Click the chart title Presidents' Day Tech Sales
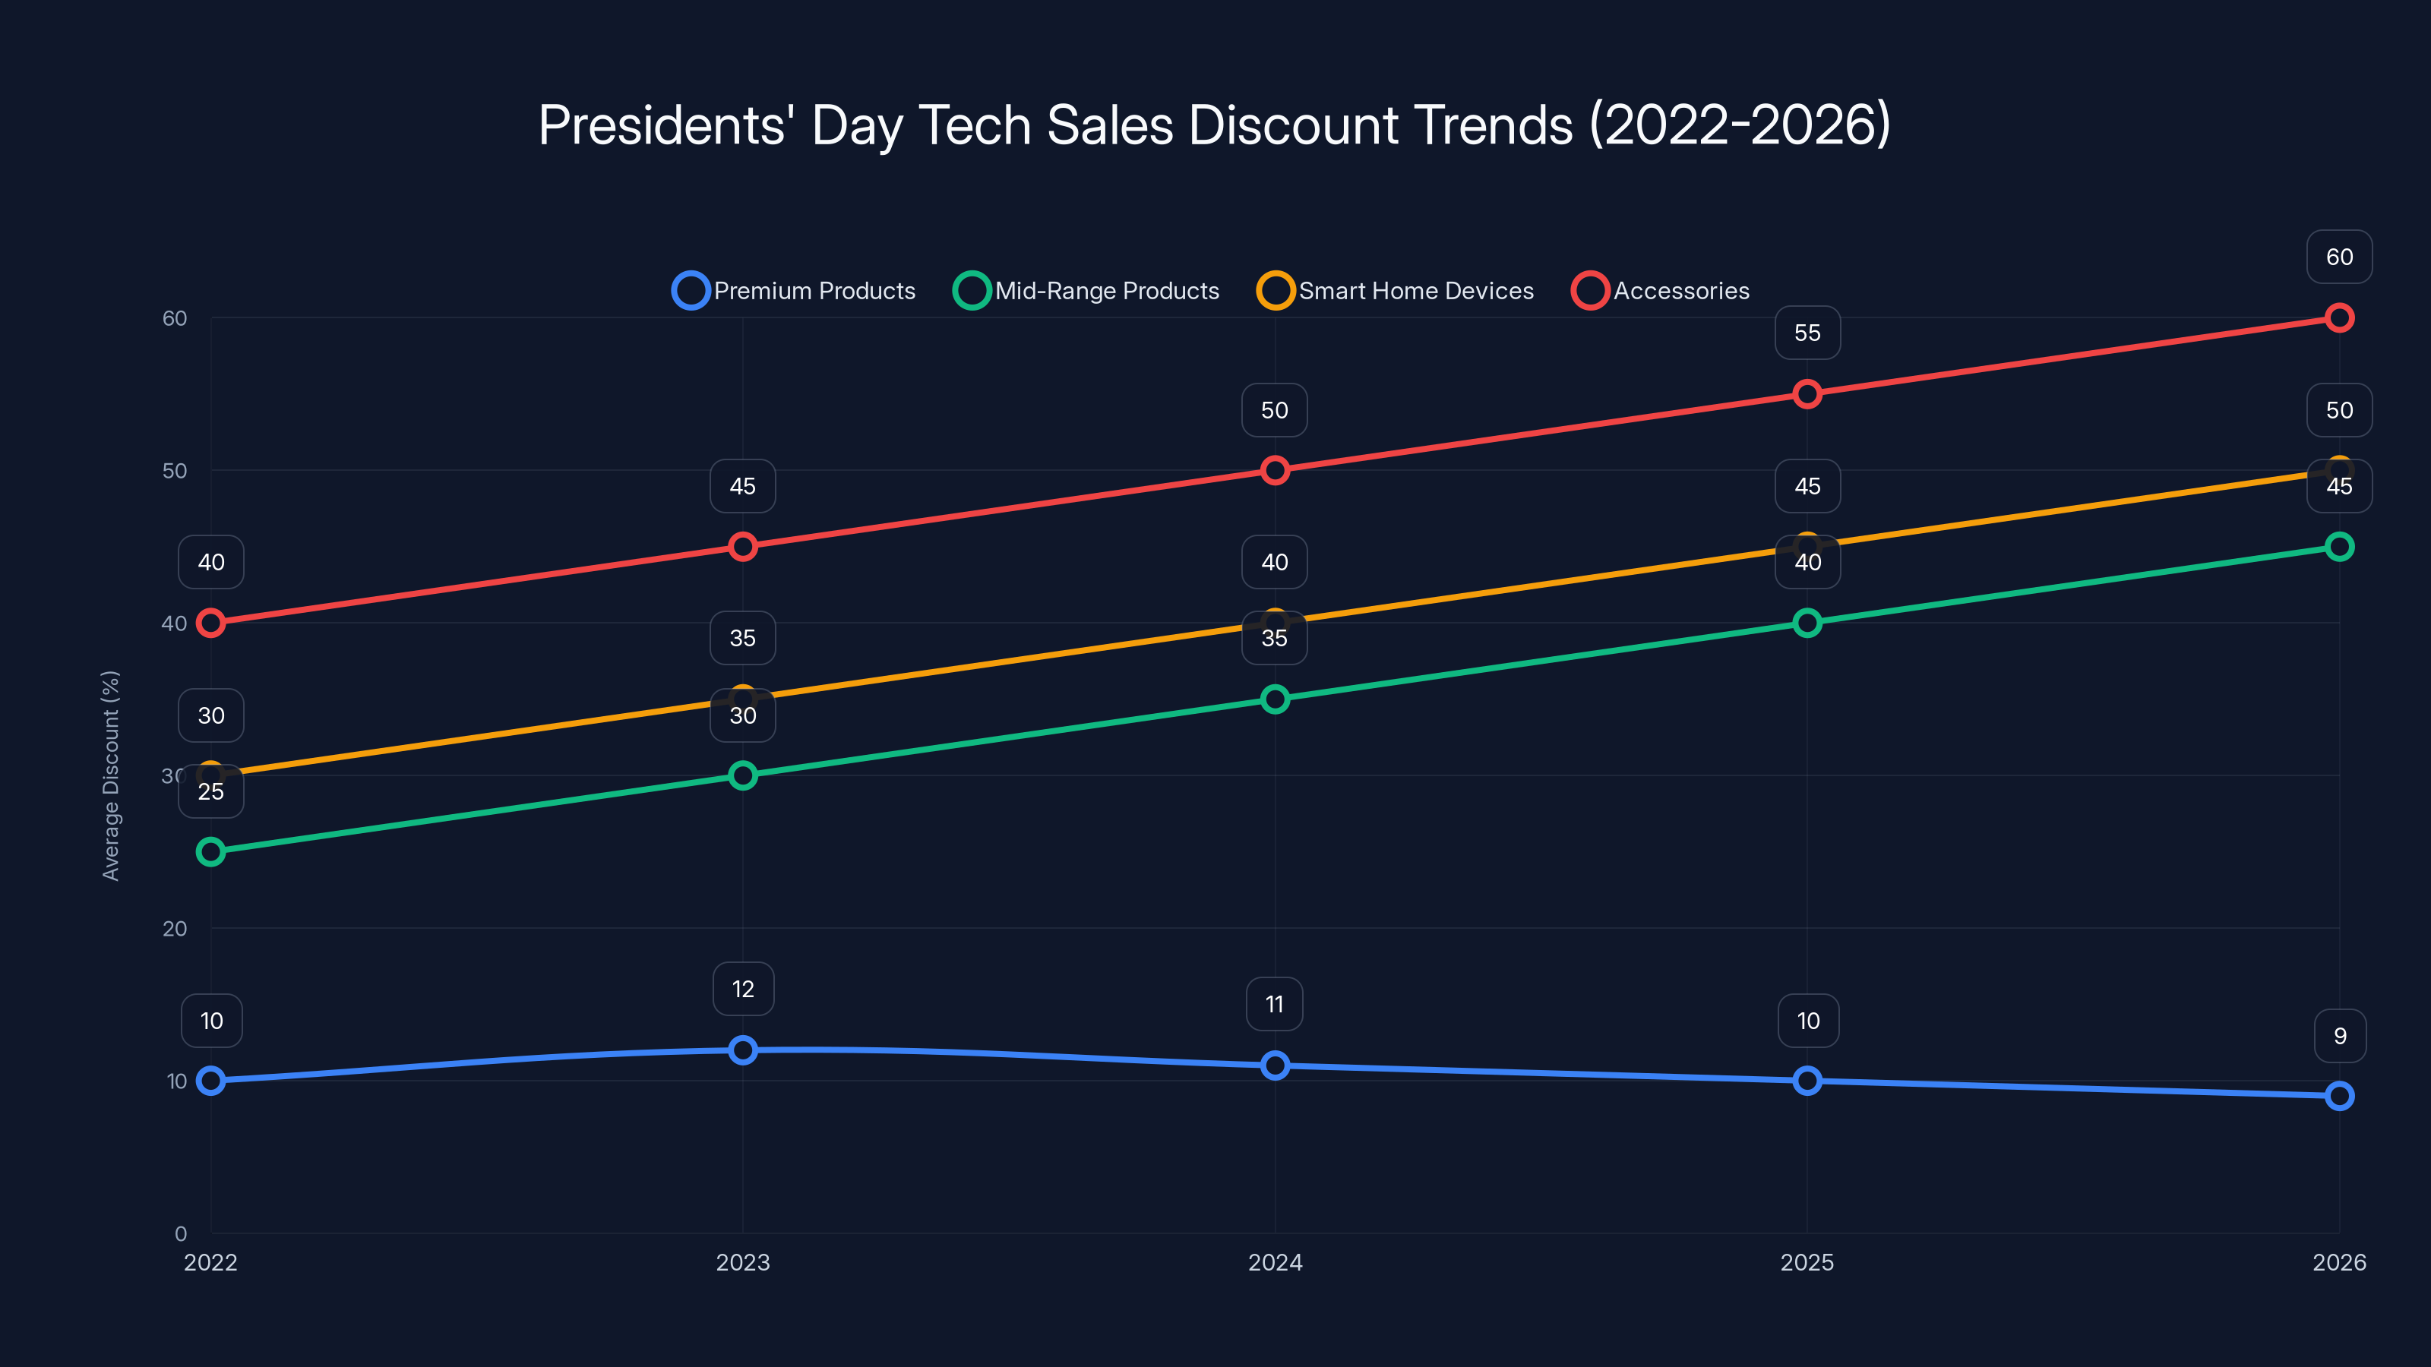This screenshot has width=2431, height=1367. point(1214,125)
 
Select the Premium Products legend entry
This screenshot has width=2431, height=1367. point(794,291)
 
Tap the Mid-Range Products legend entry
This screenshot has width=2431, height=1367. point(1086,291)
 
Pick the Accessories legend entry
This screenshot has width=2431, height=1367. point(1661,291)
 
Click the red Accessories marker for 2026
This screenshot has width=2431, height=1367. point(2338,318)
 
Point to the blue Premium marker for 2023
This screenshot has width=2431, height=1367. point(743,1050)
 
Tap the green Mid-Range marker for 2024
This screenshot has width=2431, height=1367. point(1275,699)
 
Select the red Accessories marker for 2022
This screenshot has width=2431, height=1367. point(210,623)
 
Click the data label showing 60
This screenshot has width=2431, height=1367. point(2338,257)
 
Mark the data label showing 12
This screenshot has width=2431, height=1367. point(743,989)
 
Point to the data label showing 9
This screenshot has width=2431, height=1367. point(2338,1036)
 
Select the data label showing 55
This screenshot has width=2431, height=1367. point(1807,333)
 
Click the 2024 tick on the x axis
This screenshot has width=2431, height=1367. point(1275,1262)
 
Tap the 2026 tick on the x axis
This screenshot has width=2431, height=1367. point(2338,1262)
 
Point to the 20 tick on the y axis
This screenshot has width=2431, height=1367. point(175,928)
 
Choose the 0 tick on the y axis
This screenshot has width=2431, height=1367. point(180,1233)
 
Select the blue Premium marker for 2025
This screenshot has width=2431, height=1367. point(1807,1080)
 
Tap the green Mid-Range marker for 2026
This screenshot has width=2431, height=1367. point(2338,546)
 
